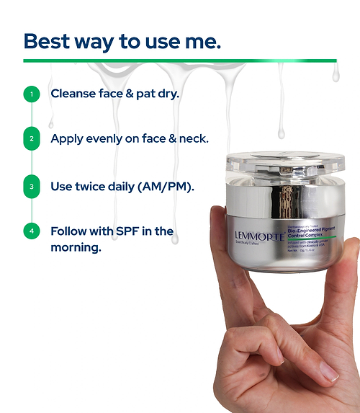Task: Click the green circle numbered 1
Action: [31, 94]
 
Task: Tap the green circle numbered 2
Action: [31, 139]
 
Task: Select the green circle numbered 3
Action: [31, 186]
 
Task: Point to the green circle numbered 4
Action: [31, 232]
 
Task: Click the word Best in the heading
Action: [47, 41]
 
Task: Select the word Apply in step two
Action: [66, 139]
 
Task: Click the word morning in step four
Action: [75, 248]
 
